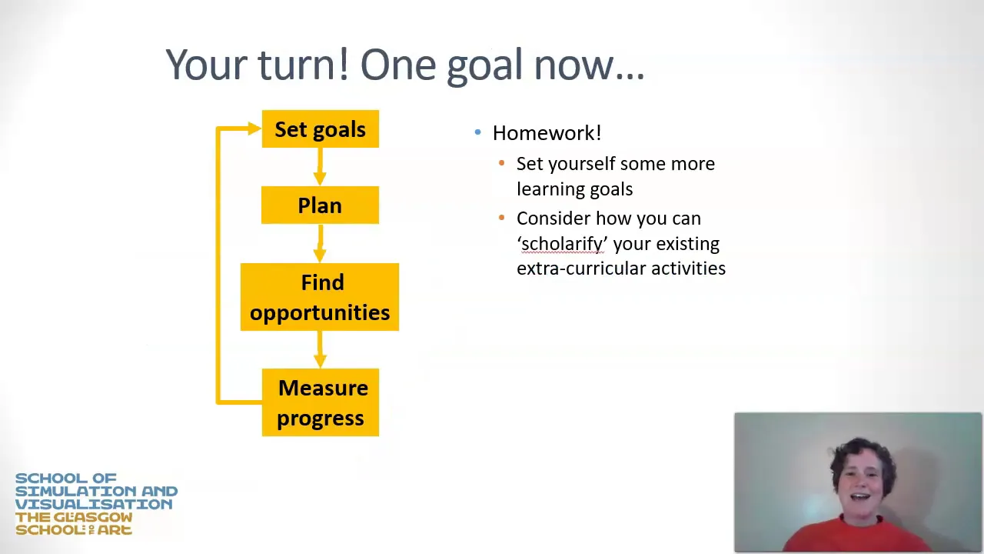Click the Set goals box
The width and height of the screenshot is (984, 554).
(x=321, y=128)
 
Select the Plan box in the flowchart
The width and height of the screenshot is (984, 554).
(x=320, y=205)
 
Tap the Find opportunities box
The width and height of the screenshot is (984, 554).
(x=320, y=297)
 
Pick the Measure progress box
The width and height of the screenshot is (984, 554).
(x=321, y=402)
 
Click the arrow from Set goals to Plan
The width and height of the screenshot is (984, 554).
(x=320, y=167)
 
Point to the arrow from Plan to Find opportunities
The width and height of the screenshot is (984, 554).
(x=320, y=244)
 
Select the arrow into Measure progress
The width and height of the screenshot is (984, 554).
(x=320, y=349)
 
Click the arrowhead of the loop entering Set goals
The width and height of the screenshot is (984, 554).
(x=254, y=128)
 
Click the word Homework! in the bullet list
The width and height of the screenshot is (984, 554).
(x=547, y=133)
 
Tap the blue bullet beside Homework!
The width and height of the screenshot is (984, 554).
(x=478, y=132)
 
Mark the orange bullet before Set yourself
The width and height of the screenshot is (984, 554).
(x=502, y=163)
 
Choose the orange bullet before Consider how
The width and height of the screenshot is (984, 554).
(x=502, y=217)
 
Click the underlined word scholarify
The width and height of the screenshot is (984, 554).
(x=562, y=244)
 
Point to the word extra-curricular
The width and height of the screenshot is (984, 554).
(x=580, y=269)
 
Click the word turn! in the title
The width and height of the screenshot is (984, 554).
(x=304, y=65)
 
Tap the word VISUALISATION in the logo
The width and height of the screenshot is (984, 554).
(x=94, y=504)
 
